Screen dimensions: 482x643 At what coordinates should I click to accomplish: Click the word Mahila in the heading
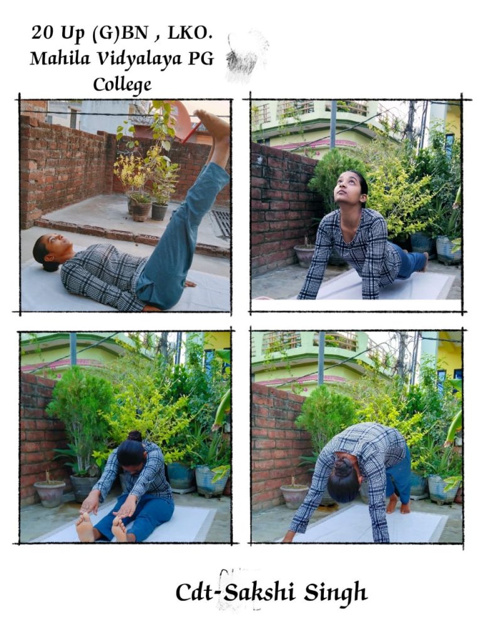click(60, 58)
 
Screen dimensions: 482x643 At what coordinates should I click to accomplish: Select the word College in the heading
click(122, 85)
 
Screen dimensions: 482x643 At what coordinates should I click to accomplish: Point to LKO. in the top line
click(190, 33)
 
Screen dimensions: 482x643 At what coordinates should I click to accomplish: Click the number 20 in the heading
click(43, 33)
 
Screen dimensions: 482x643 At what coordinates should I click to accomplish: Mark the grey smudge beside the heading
click(246, 55)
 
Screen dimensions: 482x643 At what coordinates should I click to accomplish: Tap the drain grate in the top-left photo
click(222, 224)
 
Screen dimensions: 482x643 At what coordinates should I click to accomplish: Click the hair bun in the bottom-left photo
click(135, 436)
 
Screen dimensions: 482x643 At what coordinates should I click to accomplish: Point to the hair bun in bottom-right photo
click(344, 467)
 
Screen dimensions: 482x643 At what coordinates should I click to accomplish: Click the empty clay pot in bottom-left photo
click(50, 493)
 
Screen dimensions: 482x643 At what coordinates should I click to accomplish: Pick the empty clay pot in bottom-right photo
click(294, 495)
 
